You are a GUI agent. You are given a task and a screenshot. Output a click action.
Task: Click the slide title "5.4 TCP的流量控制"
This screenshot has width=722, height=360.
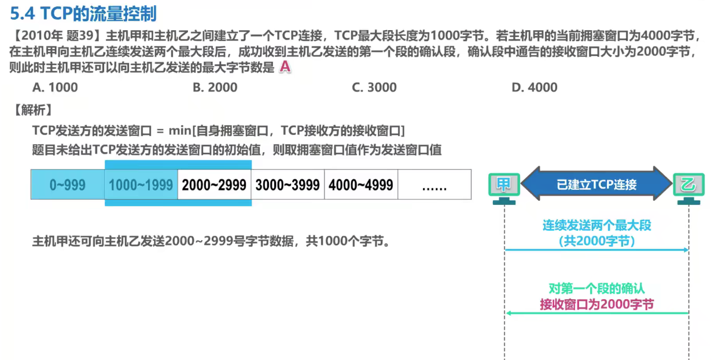pyautogui.click(x=83, y=13)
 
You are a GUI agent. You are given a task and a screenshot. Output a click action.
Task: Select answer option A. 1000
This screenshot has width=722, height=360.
pyautogui.click(x=55, y=87)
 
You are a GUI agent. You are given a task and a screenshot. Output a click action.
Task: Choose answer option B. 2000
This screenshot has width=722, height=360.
pyautogui.click(x=215, y=87)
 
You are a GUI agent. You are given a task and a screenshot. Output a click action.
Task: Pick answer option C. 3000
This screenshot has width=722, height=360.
pyautogui.click(x=374, y=87)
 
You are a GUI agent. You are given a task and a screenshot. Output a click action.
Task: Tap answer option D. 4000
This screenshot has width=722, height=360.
pyautogui.click(x=534, y=87)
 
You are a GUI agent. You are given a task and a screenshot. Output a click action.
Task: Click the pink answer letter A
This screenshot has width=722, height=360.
pyautogui.click(x=284, y=67)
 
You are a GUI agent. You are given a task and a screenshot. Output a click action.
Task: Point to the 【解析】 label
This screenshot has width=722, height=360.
pyautogui.click(x=33, y=109)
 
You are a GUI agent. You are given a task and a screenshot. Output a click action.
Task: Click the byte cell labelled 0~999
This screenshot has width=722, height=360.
pyautogui.click(x=68, y=185)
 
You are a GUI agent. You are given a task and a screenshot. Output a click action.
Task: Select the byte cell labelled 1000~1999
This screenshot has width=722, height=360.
pyautogui.click(x=141, y=185)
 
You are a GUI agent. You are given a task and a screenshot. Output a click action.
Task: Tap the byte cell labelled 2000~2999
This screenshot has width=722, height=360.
pyautogui.click(x=214, y=185)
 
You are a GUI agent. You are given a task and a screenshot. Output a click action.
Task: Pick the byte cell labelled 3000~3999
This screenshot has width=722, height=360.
pyautogui.click(x=288, y=185)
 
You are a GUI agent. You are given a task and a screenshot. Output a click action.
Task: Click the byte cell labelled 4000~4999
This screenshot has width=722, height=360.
pyautogui.click(x=361, y=185)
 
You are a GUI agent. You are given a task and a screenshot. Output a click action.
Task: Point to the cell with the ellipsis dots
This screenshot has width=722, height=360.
pyautogui.click(x=434, y=185)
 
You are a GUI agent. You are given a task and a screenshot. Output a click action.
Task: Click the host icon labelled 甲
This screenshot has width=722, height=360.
pyautogui.click(x=504, y=186)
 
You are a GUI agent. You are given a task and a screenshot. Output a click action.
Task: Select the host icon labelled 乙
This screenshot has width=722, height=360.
pyautogui.click(x=688, y=186)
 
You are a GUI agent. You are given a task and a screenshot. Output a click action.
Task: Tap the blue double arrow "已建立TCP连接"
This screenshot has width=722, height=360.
pyautogui.click(x=596, y=185)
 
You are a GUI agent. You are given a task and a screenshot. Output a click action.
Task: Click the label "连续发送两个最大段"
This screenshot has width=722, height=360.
pyautogui.click(x=596, y=225)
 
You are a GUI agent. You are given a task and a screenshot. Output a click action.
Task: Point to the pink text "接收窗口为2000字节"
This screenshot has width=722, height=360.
pyautogui.click(x=596, y=304)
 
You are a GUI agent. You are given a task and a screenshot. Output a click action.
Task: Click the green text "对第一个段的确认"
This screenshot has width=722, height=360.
pyautogui.click(x=596, y=288)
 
